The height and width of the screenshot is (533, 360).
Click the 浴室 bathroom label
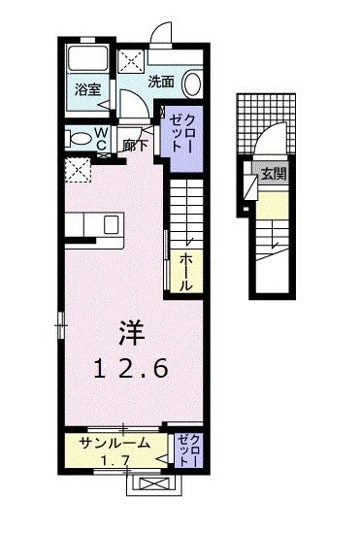[x=87, y=89]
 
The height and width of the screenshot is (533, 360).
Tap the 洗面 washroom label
[x=161, y=82]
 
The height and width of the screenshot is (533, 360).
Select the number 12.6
[x=132, y=368]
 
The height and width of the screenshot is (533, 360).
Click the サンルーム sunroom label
[x=115, y=444]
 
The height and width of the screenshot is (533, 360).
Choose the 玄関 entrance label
[x=274, y=176]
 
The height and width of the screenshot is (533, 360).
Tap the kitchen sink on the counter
[x=110, y=224]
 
